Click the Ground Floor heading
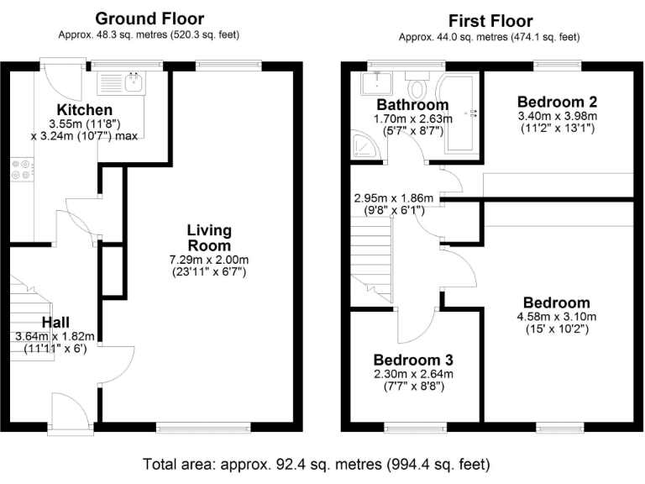(x=149, y=18)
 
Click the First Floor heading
(x=490, y=21)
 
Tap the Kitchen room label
(x=84, y=110)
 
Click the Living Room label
(x=209, y=238)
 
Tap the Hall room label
(x=55, y=322)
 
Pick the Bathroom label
(x=412, y=105)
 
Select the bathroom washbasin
(x=375, y=83)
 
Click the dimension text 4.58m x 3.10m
(x=556, y=317)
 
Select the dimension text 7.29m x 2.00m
(x=209, y=260)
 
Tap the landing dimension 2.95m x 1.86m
(x=394, y=199)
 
